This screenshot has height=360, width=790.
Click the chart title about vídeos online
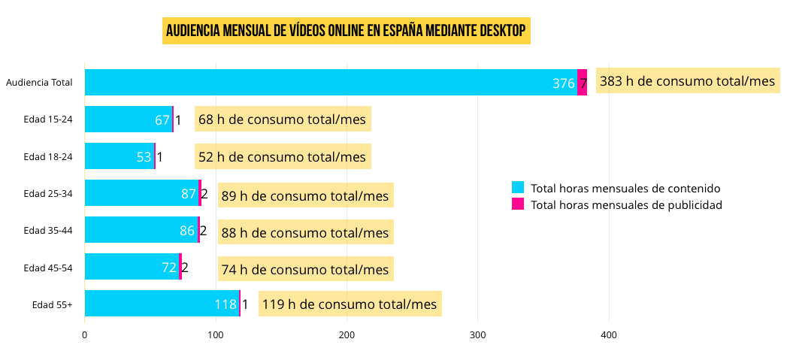[x=346, y=31]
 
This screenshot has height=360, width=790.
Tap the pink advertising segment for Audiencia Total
[x=582, y=83]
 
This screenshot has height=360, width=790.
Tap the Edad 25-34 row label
[x=48, y=194]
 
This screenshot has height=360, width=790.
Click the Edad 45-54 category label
[x=48, y=268]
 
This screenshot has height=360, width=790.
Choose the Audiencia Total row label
[x=39, y=83]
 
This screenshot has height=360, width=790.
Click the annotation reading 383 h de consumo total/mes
[x=687, y=81]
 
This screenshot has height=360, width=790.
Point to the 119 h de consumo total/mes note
[x=350, y=304]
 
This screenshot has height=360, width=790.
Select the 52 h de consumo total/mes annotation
[x=282, y=156]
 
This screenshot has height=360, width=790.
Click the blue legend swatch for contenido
[x=517, y=188]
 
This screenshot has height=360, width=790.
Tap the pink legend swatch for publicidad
[x=517, y=204]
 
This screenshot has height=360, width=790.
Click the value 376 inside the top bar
[x=563, y=83]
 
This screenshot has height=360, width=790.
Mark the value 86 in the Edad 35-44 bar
[x=187, y=231]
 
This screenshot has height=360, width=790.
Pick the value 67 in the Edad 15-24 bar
[x=162, y=120]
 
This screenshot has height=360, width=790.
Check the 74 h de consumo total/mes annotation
[x=305, y=269]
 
